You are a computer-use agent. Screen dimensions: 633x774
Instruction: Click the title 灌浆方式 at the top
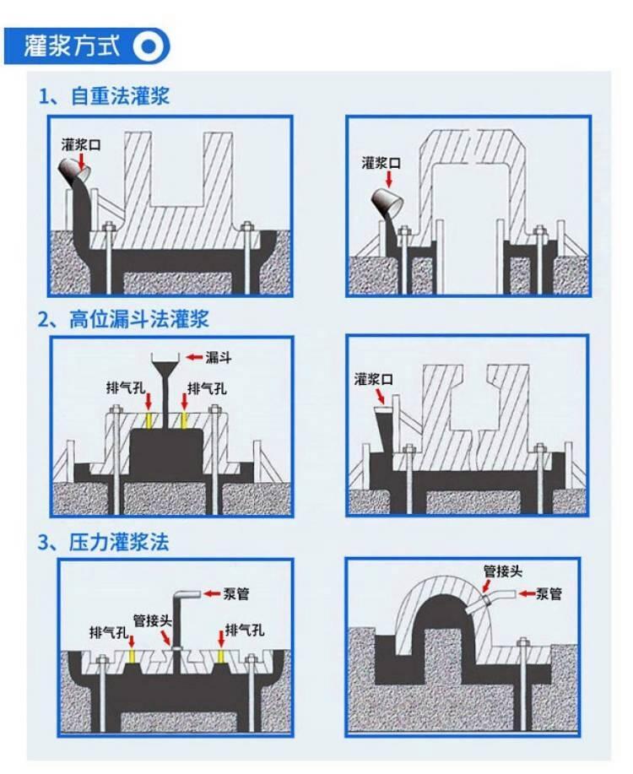pyautogui.click(x=72, y=47)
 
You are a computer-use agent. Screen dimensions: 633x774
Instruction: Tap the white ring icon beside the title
pyautogui.click(x=148, y=47)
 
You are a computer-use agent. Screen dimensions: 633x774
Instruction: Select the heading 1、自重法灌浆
pyautogui.click(x=104, y=95)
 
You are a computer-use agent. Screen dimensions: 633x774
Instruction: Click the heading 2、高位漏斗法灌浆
pyautogui.click(x=123, y=319)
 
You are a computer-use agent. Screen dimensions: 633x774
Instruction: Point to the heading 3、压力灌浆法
pyautogui.click(x=104, y=542)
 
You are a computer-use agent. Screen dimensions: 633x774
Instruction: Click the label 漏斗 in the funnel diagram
pyautogui.click(x=219, y=357)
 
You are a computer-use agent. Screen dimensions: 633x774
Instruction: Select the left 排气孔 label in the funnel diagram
pyautogui.click(x=126, y=388)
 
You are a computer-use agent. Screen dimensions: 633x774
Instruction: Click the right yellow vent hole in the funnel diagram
pyautogui.click(x=184, y=420)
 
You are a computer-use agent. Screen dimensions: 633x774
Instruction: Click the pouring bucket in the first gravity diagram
pyautogui.click(x=74, y=170)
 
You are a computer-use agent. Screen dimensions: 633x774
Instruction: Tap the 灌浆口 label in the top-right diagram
pyautogui.click(x=381, y=163)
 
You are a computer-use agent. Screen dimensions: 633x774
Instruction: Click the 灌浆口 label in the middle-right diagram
pyautogui.click(x=373, y=379)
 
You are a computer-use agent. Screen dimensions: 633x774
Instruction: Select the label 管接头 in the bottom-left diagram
pyautogui.click(x=153, y=621)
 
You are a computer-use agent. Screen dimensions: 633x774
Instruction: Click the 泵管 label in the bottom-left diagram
pyautogui.click(x=236, y=593)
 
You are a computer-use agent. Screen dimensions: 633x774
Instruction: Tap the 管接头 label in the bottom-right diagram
pyautogui.click(x=503, y=571)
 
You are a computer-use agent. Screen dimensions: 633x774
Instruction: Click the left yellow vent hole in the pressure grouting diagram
pyautogui.click(x=132, y=656)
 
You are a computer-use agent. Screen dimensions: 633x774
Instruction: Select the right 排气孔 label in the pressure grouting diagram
pyautogui.click(x=245, y=630)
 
